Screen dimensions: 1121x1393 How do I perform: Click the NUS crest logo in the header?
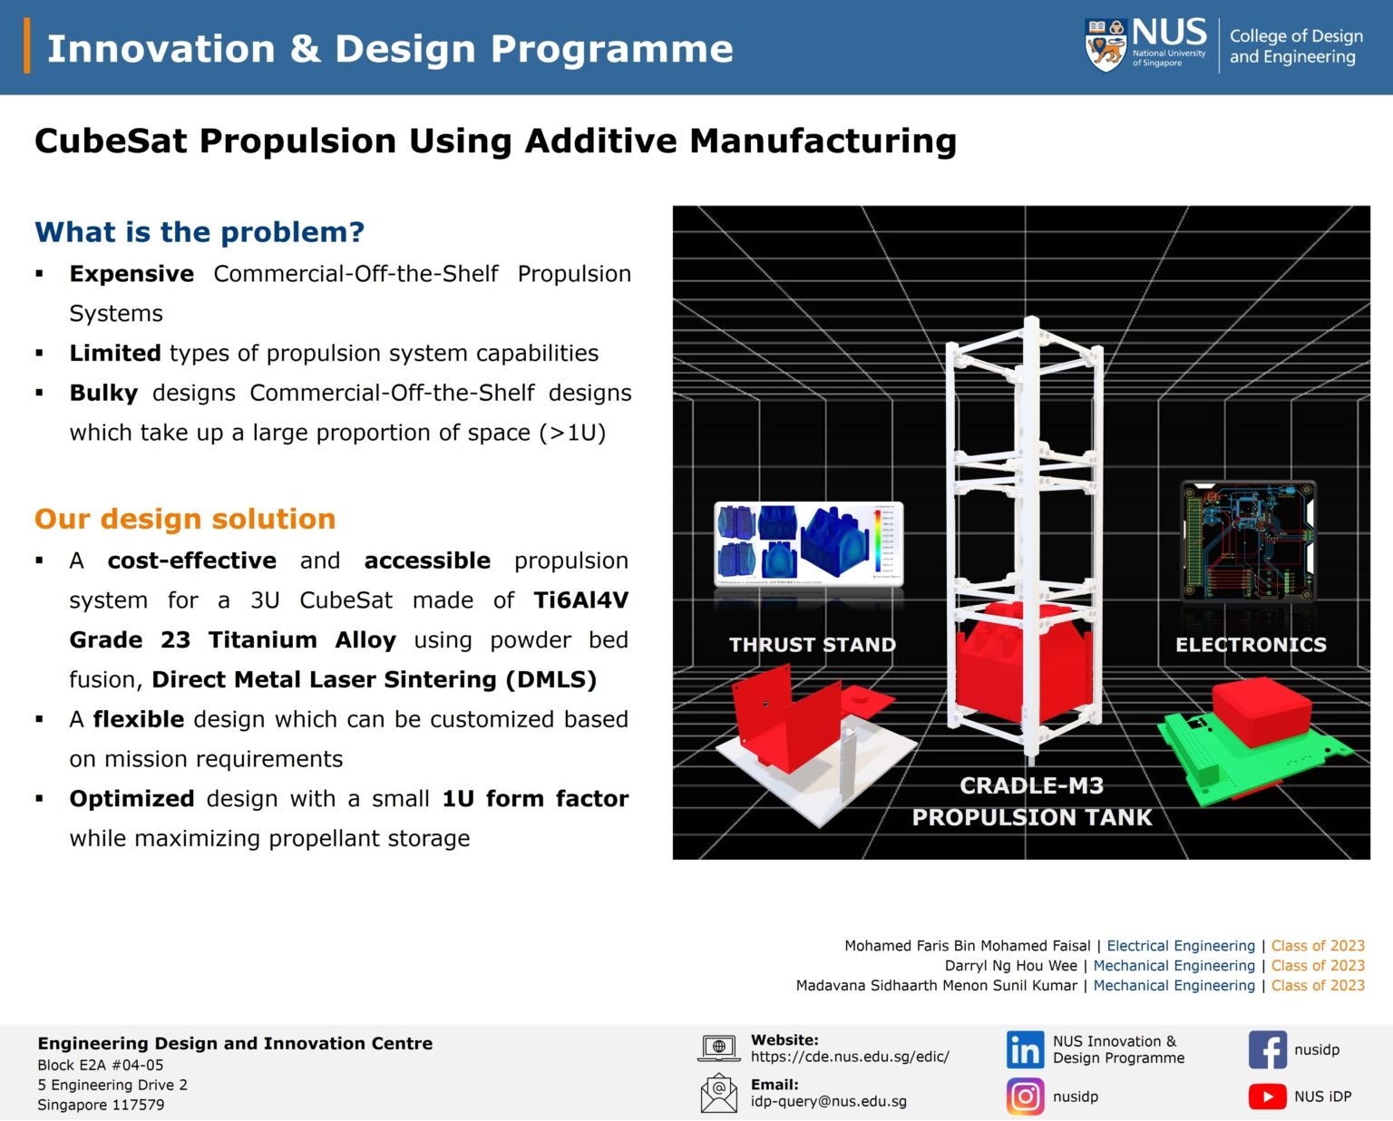point(1106,44)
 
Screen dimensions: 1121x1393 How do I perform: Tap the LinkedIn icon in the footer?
point(1025,1050)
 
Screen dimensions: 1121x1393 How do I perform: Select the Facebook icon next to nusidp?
point(1267,1050)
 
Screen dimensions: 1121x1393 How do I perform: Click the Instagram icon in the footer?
point(1025,1097)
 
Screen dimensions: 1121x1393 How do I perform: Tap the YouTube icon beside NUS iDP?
point(1267,1097)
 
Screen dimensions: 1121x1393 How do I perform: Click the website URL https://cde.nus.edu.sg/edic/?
point(850,1057)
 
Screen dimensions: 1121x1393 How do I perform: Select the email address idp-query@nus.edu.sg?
point(828,1101)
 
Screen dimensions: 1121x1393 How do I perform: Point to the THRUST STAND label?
point(812,645)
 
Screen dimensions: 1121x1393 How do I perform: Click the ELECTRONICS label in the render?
point(1251,645)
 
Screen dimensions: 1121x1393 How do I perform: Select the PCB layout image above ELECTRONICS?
point(1248,541)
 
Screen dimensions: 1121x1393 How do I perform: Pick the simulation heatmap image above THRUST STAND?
point(808,544)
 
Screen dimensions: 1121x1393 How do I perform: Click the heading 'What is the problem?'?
point(200,232)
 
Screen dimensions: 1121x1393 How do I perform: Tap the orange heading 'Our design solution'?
point(185,519)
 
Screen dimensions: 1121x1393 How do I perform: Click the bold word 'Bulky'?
point(103,393)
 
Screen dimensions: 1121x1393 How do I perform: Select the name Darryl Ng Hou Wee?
point(1010,966)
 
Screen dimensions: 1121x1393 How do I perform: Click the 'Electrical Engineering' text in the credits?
point(1181,946)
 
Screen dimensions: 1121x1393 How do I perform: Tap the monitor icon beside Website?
point(719,1048)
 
